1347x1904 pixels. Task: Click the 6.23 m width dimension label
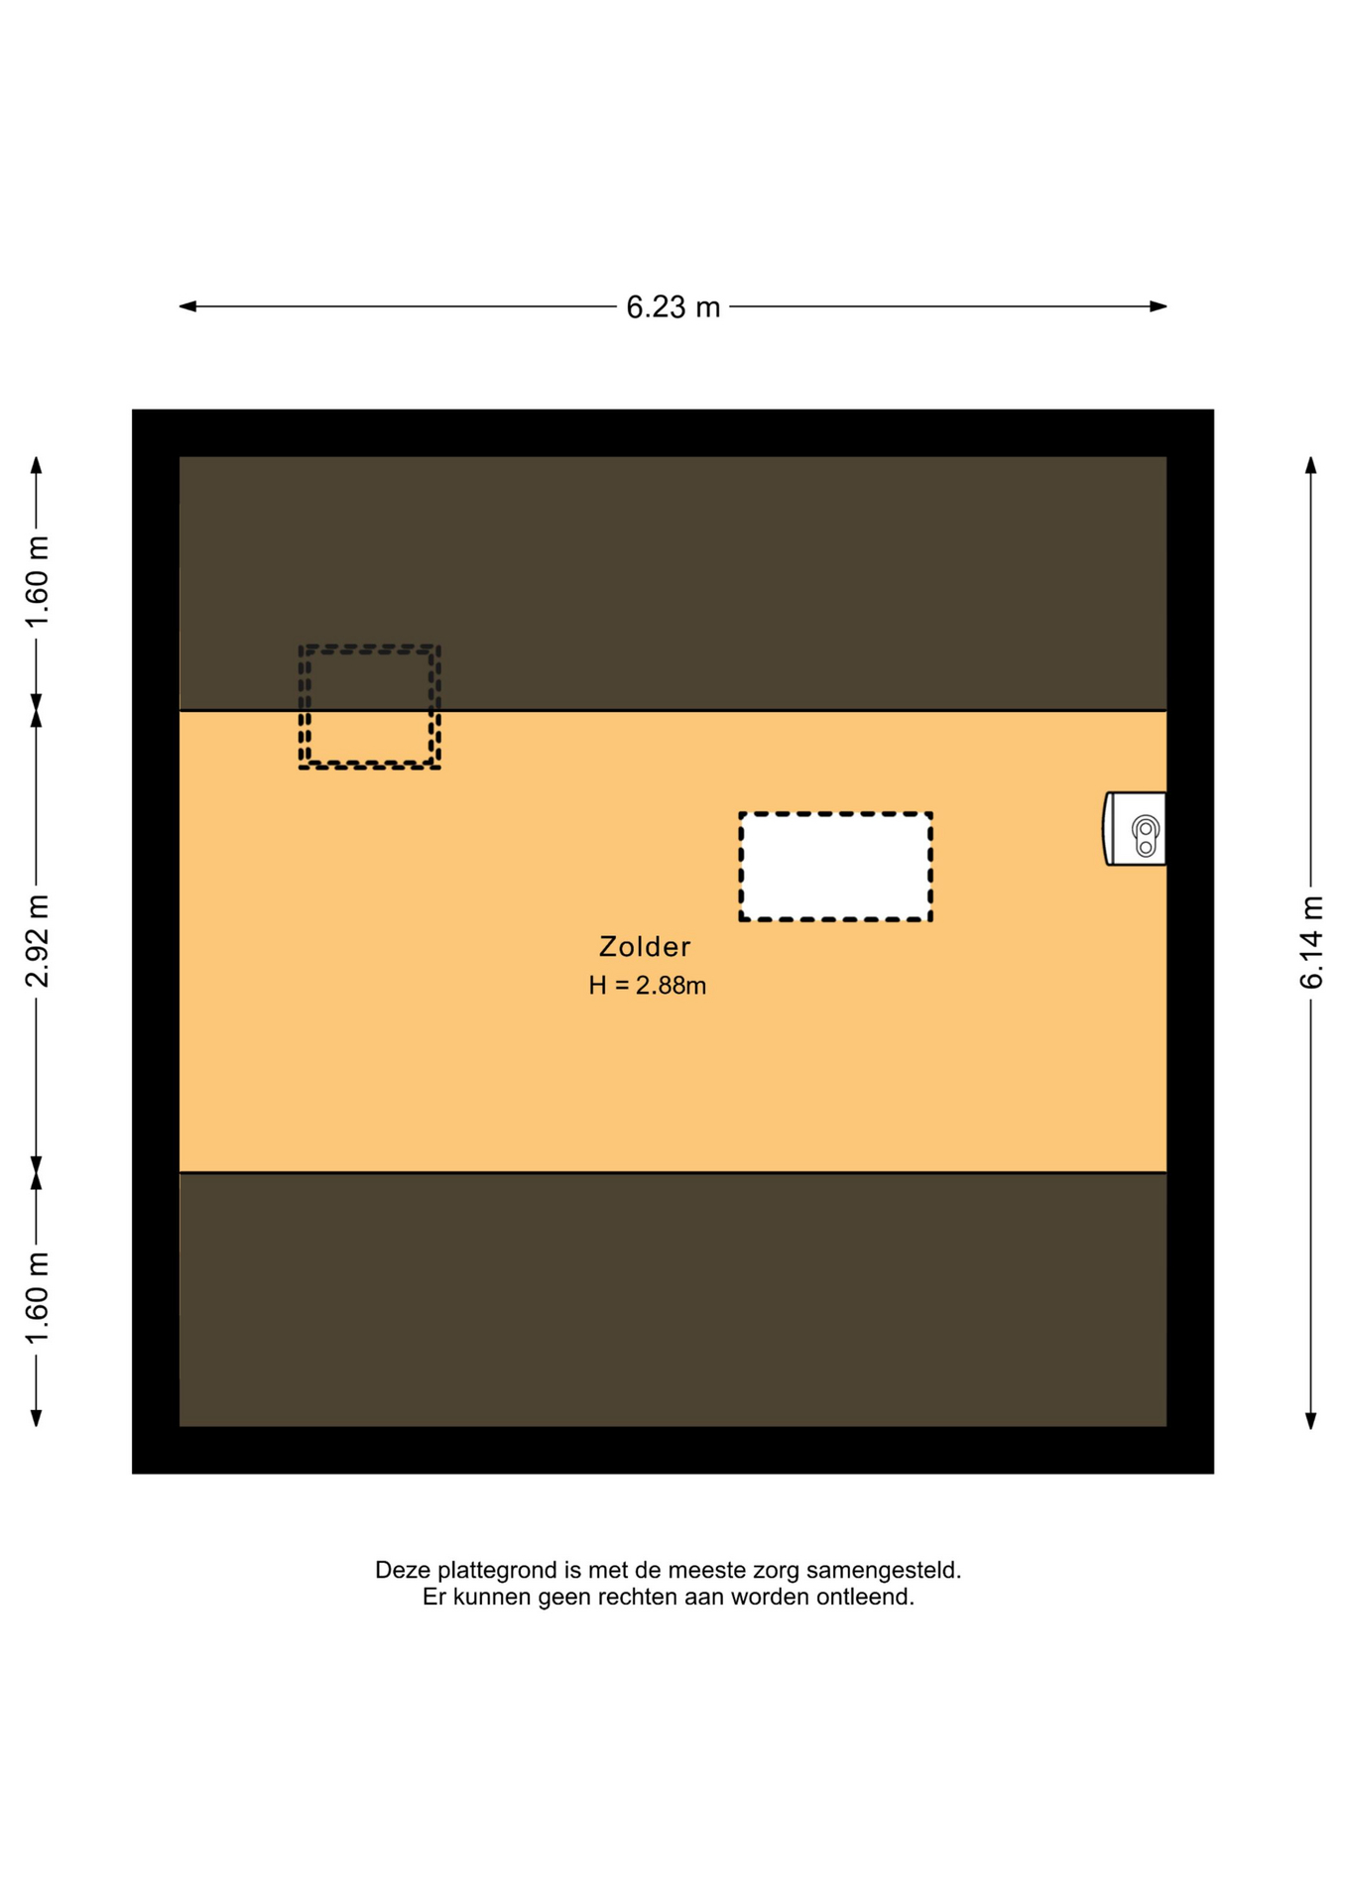[673, 307]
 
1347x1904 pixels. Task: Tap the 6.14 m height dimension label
[1311, 942]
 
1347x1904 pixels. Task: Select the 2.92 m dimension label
[37, 941]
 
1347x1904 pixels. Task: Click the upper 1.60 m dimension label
[37, 582]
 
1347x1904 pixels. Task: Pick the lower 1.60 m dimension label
[37, 1299]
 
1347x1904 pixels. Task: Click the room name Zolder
[645, 947]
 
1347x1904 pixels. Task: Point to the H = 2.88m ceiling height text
[647, 986]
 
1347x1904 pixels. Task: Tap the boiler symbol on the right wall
[1135, 829]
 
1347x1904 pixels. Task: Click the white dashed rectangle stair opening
[835, 867]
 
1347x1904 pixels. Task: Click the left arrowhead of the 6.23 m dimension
[187, 306]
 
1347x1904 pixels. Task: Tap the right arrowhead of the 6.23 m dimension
[1158, 306]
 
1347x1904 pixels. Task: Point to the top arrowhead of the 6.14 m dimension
[1310, 465]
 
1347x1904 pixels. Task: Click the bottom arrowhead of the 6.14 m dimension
[1310, 1419]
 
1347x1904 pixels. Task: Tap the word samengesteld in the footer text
[884, 1571]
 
